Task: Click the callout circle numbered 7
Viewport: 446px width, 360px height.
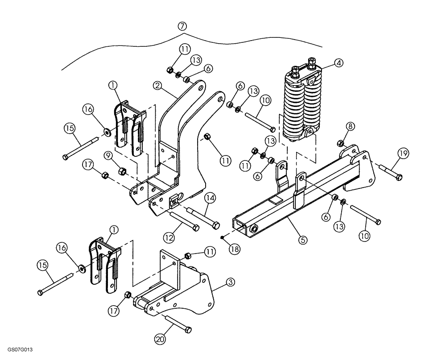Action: point(182,26)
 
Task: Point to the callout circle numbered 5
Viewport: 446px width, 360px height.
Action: point(302,240)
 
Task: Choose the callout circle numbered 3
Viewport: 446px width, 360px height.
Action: point(230,282)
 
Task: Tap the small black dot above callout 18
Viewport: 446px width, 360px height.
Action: point(222,237)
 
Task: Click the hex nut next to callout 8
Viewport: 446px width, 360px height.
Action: point(340,143)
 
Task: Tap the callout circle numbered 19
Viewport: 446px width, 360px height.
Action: point(403,154)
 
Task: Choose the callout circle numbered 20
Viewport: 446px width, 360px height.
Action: point(159,340)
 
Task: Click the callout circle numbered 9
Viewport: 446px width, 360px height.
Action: point(108,155)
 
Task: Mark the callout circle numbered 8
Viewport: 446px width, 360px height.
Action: point(351,127)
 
